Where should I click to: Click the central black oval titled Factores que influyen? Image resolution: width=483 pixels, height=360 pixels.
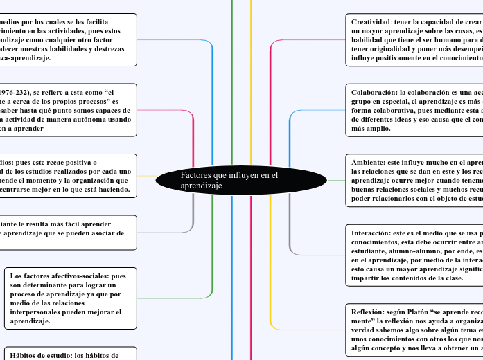click(x=241, y=181)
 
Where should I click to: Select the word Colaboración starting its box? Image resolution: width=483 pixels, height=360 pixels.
click(x=375, y=91)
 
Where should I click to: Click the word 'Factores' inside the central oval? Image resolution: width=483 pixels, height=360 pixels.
click(x=196, y=176)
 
